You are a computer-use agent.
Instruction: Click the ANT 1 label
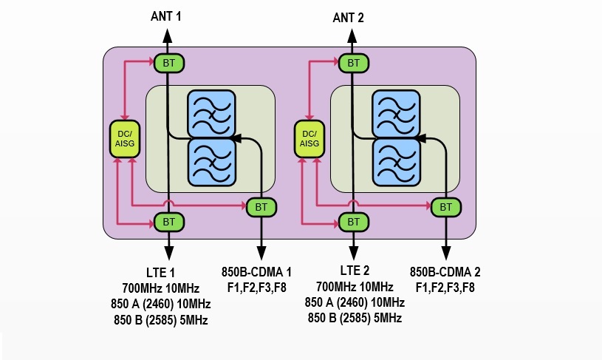pos(167,15)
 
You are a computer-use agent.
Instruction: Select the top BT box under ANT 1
pos(169,63)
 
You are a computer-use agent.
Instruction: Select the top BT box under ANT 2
pos(354,63)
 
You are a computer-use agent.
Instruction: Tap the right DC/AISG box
pos(310,138)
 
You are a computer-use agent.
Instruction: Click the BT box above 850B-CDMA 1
pos(261,207)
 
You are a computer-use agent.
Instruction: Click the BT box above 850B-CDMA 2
pos(445,207)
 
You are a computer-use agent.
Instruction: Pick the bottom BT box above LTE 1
pos(169,221)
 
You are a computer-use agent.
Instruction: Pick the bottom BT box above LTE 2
pos(354,221)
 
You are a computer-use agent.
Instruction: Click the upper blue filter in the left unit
pos(211,113)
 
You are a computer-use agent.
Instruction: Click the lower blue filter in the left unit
pos(211,162)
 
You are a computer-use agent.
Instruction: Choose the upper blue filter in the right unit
pos(396,113)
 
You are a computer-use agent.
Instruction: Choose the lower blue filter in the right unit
pos(396,162)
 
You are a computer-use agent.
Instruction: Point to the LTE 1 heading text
pos(160,271)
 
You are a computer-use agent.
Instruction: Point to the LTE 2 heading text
pos(355,271)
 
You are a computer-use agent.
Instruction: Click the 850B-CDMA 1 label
pos(258,271)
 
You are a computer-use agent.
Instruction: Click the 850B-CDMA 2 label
pos(445,271)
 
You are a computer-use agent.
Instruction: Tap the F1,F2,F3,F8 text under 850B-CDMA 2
pos(445,287)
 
